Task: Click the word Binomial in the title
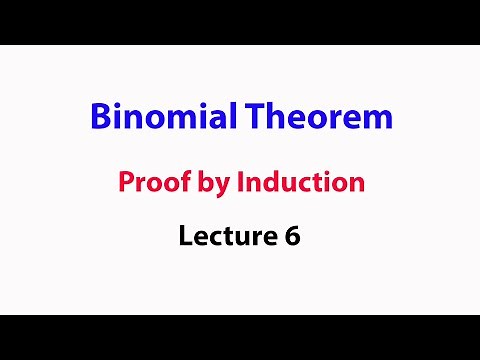[154, 118]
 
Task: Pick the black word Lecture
[224, 237]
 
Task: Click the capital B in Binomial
[100, 118]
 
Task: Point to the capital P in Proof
[125, 183]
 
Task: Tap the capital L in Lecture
[185, 237]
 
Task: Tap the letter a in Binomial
[199, 120]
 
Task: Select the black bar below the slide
[240, 337]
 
